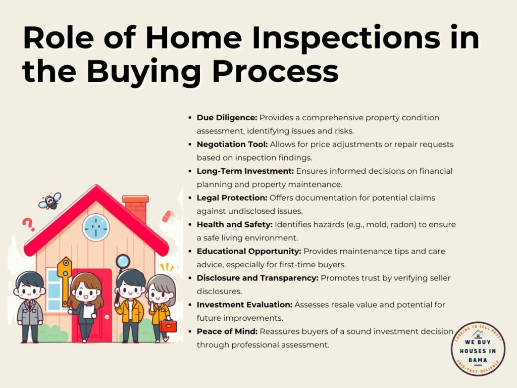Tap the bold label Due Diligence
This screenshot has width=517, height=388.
pos(227,118)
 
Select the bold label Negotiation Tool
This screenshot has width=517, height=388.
pos(232,144)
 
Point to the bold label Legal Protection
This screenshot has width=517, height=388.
pos(232,198)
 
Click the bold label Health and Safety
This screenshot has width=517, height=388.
pos(234,225)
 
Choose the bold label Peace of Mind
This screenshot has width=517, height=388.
pos(227,331)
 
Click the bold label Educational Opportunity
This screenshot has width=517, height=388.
pos(249,252)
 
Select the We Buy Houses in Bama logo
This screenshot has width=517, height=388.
pos(478,349)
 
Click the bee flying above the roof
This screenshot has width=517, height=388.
pos(50,201)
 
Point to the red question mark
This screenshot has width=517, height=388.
pos(28,224)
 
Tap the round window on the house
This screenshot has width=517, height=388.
pos(96,227)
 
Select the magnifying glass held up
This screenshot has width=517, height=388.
pos(123,261)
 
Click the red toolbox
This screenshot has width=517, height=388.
pos(168,326)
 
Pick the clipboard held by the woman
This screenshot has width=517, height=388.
pos(89,311)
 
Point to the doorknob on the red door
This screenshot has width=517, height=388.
pos(107,317)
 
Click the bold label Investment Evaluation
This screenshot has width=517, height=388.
pos(245,305)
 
